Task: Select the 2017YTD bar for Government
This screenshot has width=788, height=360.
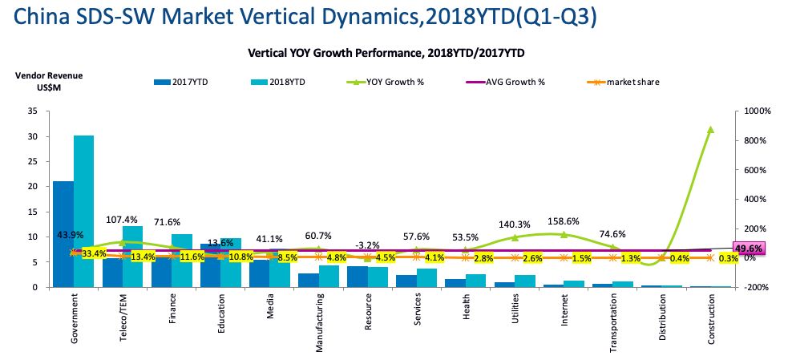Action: point(63,233)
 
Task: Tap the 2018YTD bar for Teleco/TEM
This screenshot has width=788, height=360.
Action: point(132,256)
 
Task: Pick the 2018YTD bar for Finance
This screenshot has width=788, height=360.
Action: point(182,260)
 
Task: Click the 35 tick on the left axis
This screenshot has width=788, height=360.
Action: point(32,111)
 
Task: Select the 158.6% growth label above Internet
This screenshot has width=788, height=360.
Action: point(564,220)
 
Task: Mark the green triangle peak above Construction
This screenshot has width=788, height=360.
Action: point(710,130)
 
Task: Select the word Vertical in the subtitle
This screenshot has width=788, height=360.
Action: point(269,52)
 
